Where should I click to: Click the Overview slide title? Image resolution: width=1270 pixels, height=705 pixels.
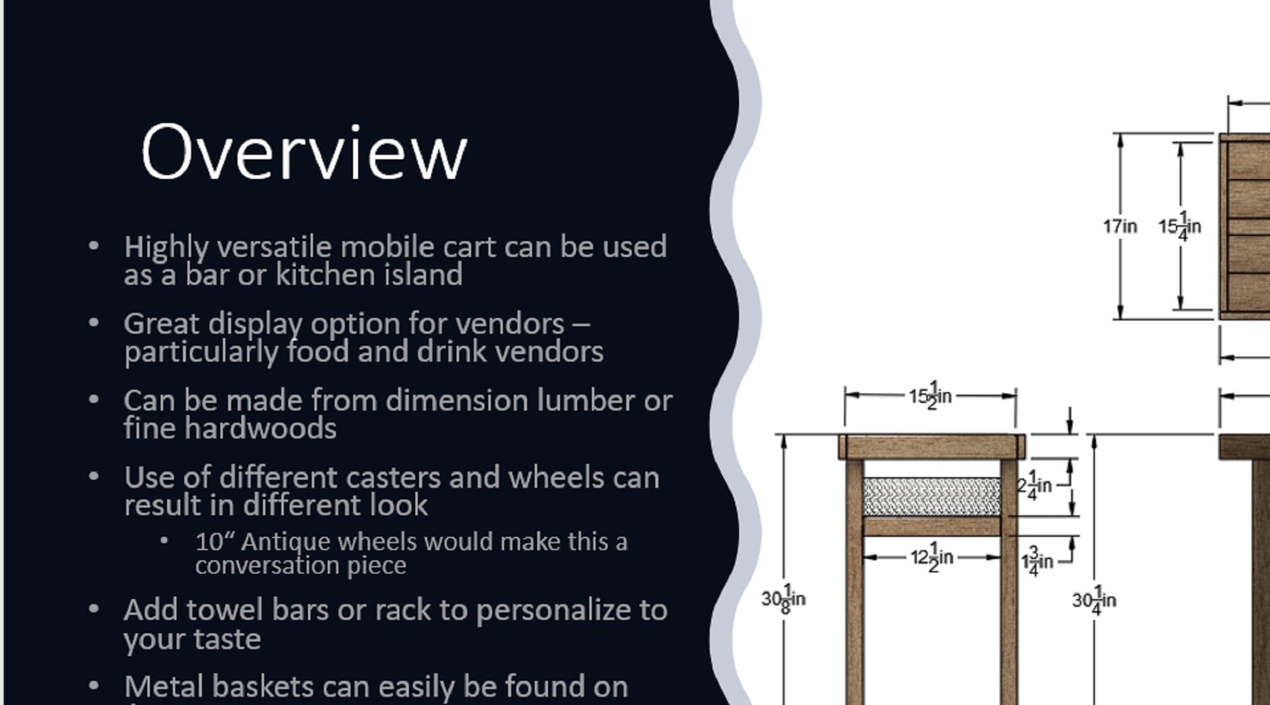click(x=304, y=153)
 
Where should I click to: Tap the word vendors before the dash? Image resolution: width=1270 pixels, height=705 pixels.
click(x=510, y=324)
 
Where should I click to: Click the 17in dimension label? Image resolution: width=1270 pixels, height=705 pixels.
click(x=1120, y=226)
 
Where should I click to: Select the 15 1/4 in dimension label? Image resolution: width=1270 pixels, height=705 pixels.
click(x=1179, y=226)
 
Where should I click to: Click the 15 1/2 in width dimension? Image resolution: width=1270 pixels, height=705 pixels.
click(x=930, y=396)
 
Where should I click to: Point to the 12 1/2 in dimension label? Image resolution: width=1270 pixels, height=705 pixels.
click(x=932, y=557)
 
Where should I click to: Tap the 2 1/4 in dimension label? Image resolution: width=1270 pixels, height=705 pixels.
click(x=1034, y=485)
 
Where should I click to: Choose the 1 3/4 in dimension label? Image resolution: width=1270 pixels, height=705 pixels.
click(x=1037, y=561)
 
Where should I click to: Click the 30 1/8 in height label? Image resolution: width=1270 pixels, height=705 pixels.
click(x=783, y=598)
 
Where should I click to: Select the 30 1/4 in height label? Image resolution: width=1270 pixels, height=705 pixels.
click(x=1093, y=600)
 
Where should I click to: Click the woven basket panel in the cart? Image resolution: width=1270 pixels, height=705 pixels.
click(x=932, y=497)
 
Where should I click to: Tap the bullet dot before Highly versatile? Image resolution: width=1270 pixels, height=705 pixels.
click(x=94, y=246)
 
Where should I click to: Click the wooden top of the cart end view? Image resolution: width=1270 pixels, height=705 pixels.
click(x=932, y=447)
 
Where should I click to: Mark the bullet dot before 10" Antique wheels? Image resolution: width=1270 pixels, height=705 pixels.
click(x=164, y=541)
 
